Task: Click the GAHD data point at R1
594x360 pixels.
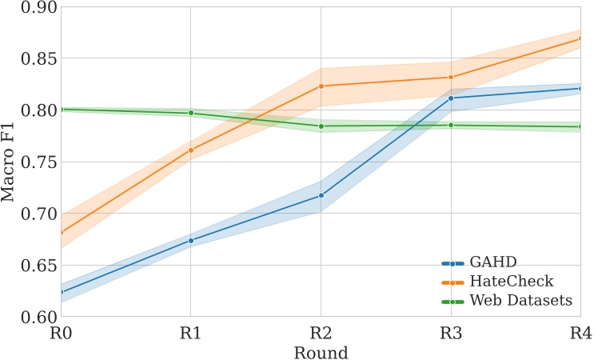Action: (190, 240)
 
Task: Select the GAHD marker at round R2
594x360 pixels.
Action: (321, 195)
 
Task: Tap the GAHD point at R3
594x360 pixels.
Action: (451, 98)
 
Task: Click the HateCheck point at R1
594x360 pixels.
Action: (190, 150)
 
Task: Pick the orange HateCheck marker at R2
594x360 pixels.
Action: (321, 86)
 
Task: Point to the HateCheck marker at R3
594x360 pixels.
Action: (451, 78)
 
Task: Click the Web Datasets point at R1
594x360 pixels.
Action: (190, 113)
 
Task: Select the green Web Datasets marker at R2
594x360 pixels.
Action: (321, 126)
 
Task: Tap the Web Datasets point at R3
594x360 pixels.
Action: (451, 125)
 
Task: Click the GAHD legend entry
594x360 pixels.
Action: (493, 262)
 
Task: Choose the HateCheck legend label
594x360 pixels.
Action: (511, 282)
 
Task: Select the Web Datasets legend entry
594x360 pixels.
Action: (520, 301)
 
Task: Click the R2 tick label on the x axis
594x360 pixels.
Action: (321, 334)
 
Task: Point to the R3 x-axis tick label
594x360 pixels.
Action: (451, 334)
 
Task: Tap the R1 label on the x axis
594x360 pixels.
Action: (190, 334)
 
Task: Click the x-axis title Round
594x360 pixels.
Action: (321, 352)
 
